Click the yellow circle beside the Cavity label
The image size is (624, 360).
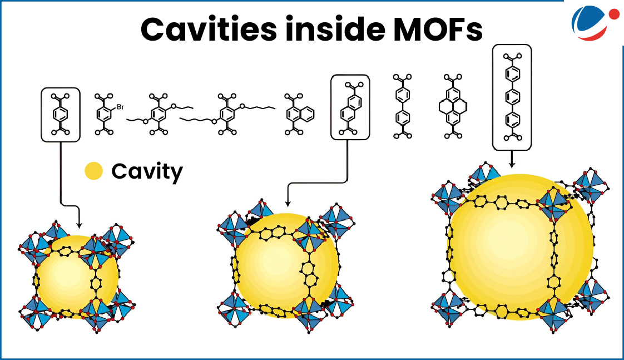pos(93,171)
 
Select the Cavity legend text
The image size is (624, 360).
pos(147,171)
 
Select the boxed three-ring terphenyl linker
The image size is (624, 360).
pos(512,97)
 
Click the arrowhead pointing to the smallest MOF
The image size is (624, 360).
pos(79,224)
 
